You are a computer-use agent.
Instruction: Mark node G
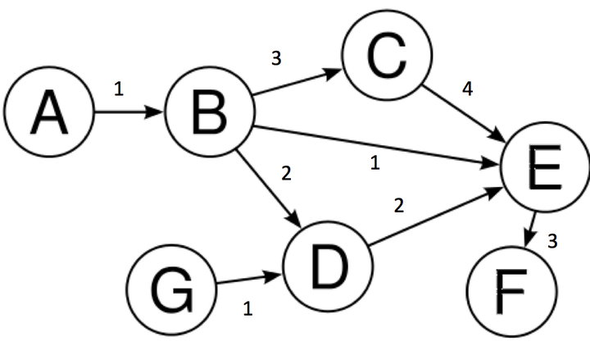pos(171,292)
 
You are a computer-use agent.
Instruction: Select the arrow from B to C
pos(297,84)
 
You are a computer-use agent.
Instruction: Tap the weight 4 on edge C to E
pos(468,89)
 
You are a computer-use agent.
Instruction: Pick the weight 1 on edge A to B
pos(120,89)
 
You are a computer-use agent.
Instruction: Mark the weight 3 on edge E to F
pos(553,242)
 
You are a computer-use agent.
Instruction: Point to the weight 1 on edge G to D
pos(247,309)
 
